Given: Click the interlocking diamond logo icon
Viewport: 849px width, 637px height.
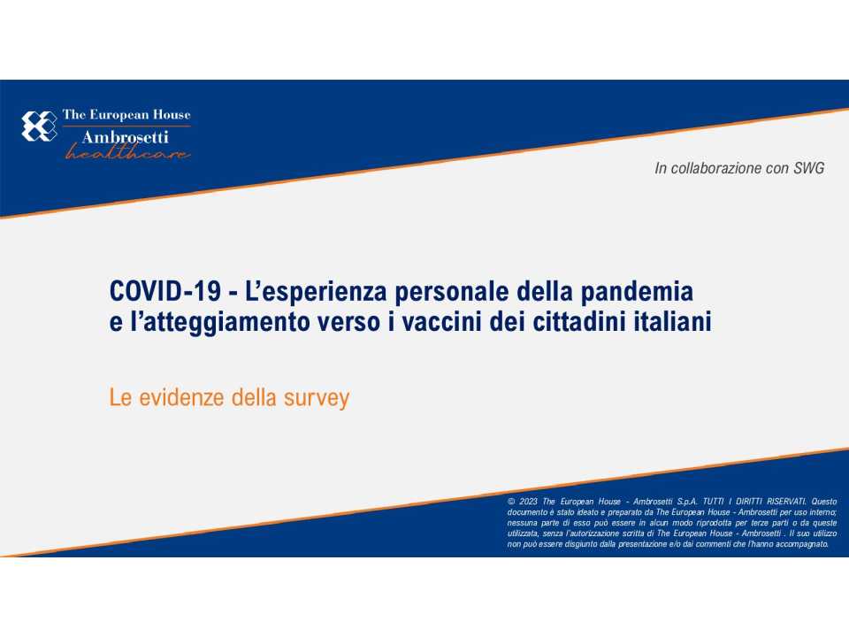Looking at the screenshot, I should tap(39, 126).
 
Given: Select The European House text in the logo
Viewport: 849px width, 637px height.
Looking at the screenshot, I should tap(126, 115).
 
